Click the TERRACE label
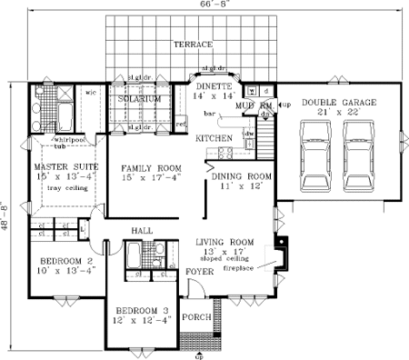[x=195, y=45]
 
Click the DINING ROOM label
[x=242, y=176]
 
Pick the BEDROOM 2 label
[x=62, y=261]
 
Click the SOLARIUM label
[x=140, y=98]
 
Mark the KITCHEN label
[x=214, y=138]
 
